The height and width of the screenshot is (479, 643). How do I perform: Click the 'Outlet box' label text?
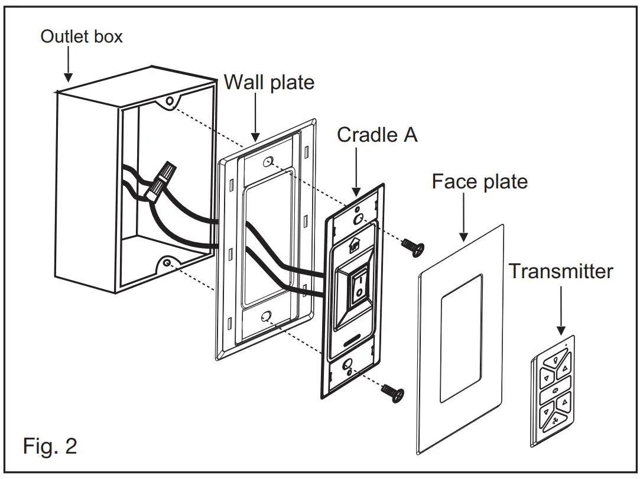click(x=81, y=37)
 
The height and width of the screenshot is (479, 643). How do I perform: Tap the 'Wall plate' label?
click(x=269, y=82)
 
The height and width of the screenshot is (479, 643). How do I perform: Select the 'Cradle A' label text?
click(x=377, y=135)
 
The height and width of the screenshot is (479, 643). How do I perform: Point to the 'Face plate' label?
click(x=479, y=181)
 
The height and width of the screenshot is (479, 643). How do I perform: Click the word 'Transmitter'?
click(x=561, y=271)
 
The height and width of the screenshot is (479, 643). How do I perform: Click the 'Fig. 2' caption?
click(x=50, y=446)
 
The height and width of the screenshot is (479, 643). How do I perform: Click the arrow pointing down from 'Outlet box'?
click(x=68, y=65)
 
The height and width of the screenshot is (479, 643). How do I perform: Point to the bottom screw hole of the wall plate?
click(x=266, y=316)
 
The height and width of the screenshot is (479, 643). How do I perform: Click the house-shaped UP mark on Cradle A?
click(x=355, y=245)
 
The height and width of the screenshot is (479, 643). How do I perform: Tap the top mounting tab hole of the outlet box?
click(x=170, y=101)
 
